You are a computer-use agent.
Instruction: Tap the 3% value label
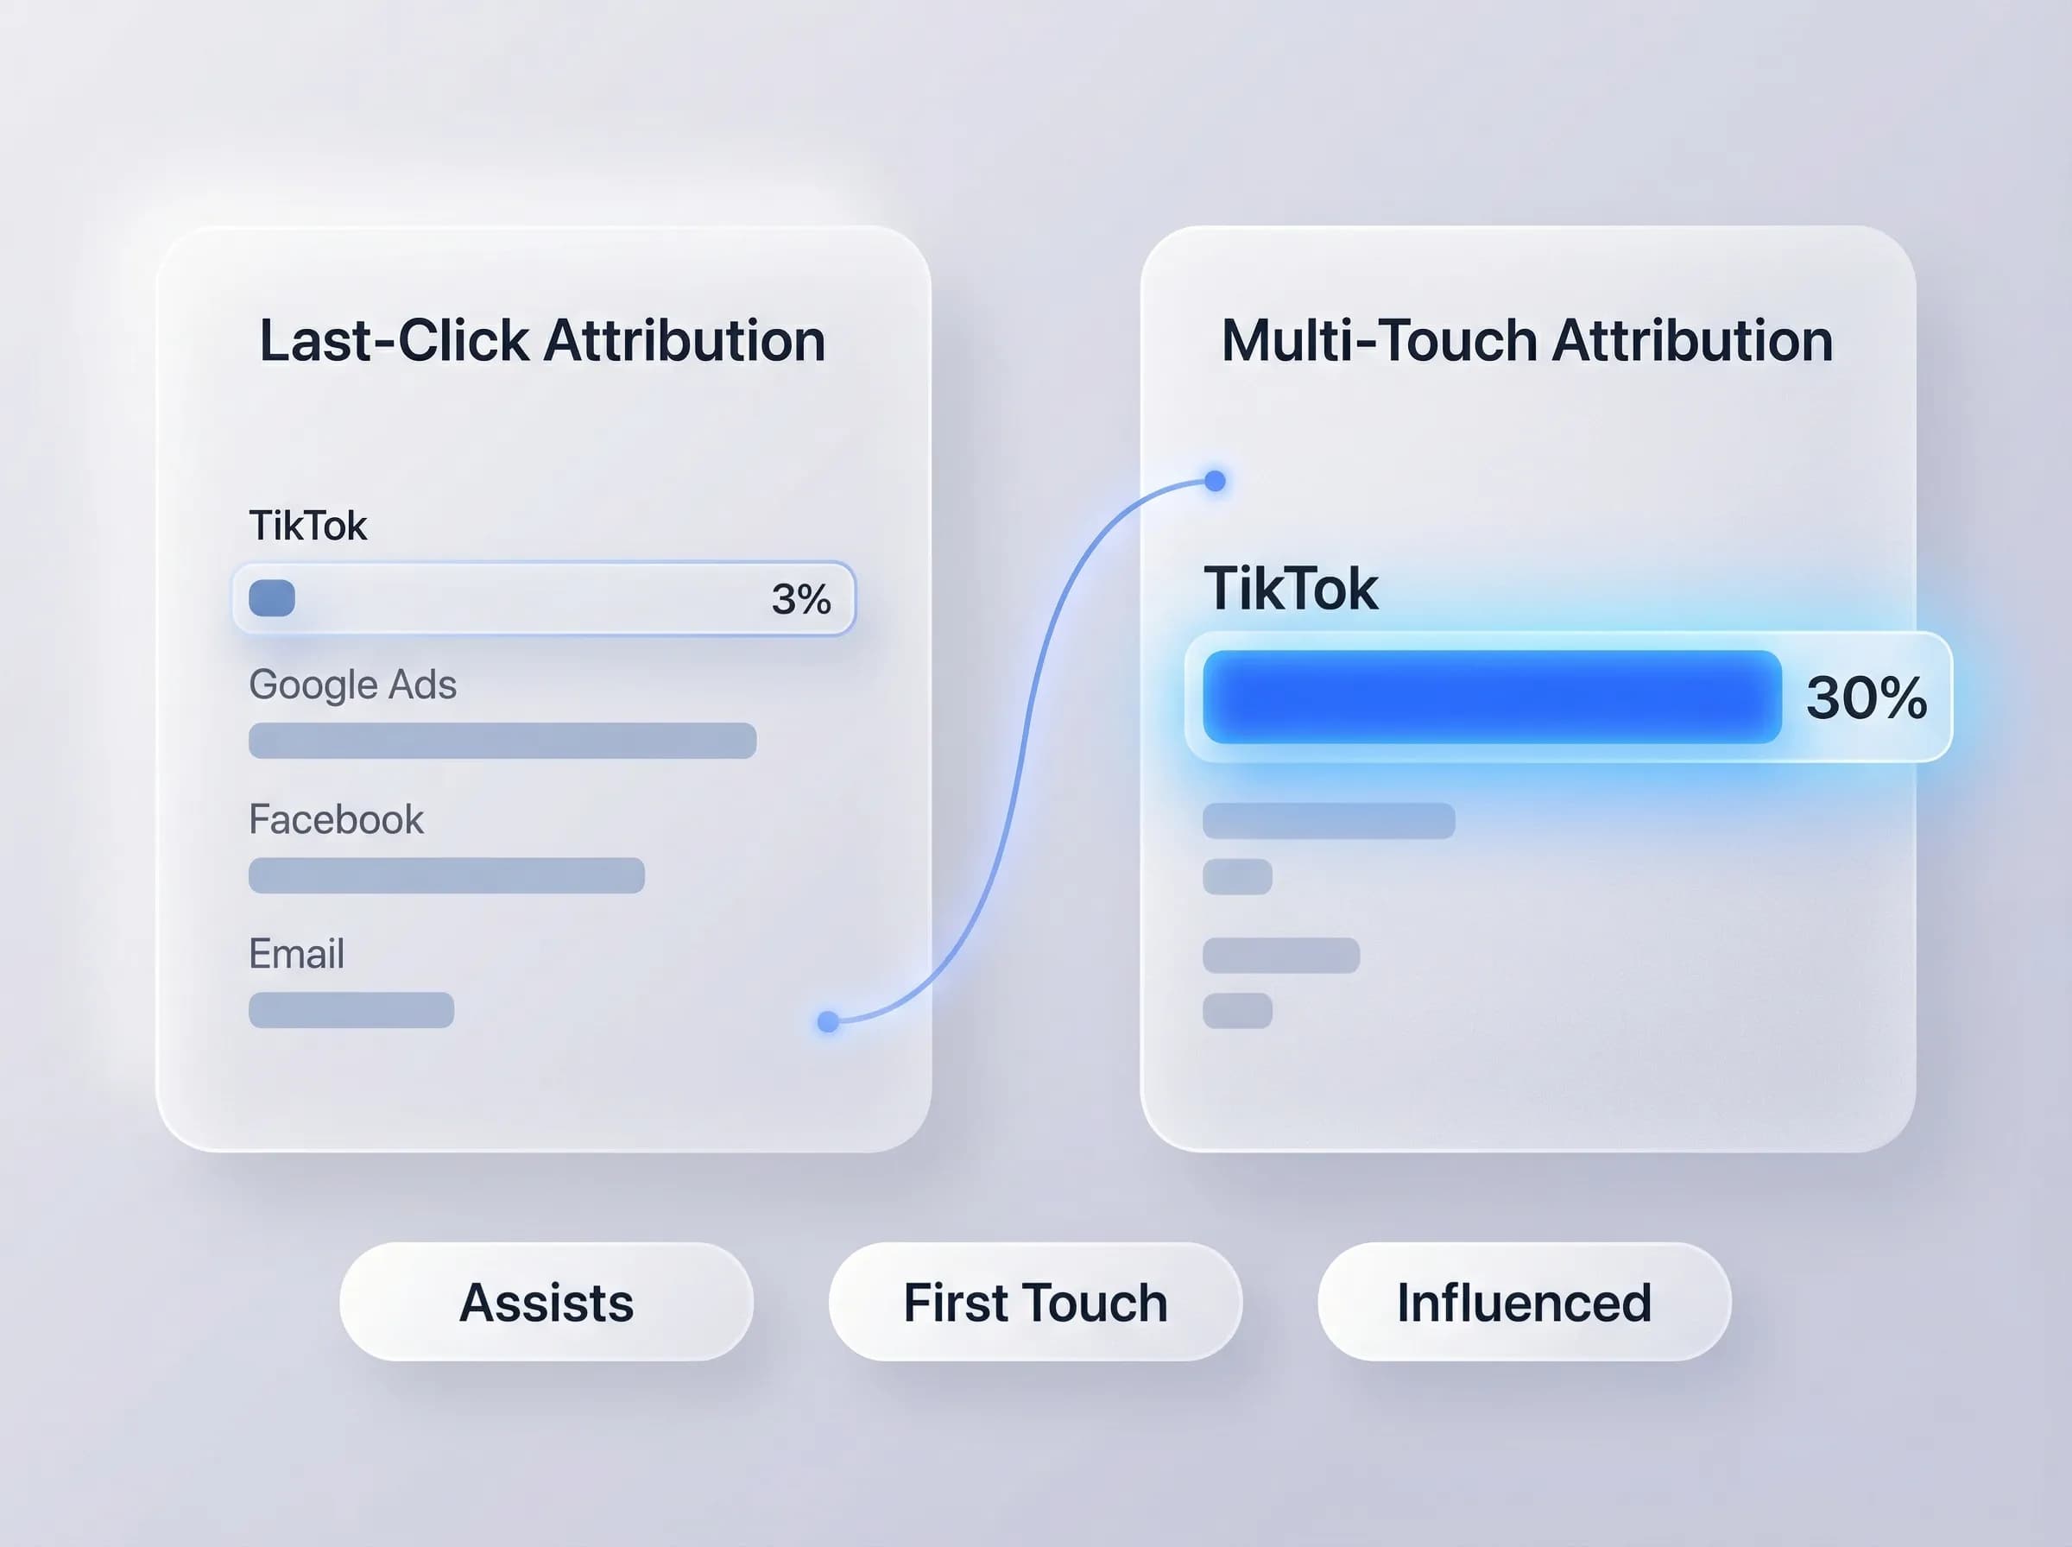(x=800, y=599)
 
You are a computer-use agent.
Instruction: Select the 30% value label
(x=1866, y=698)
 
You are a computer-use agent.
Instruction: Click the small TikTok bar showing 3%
(x=272, y=598)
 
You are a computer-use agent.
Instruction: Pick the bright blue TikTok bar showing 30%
(x=1492, y=698)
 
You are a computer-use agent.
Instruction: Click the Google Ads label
(x=352, y=685)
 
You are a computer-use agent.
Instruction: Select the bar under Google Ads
(x=502, y=741)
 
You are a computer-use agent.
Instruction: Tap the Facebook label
(x=335, y=819)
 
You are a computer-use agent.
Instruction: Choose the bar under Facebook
(x=445, y=875)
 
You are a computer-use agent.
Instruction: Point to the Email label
(x=296, y=954)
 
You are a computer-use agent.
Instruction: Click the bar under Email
(x=351, y=1010)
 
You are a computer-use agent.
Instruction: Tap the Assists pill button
(x=546, y=1302)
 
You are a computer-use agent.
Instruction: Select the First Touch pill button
(x=1034, y=1302)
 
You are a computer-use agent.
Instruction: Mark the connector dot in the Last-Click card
(x=828, y=1021)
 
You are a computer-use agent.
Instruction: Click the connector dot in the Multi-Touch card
(x=1215, y=482)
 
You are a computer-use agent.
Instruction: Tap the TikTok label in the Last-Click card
(x=307, y=526)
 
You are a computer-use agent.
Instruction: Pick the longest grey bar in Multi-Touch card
(x=1328, y=820)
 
